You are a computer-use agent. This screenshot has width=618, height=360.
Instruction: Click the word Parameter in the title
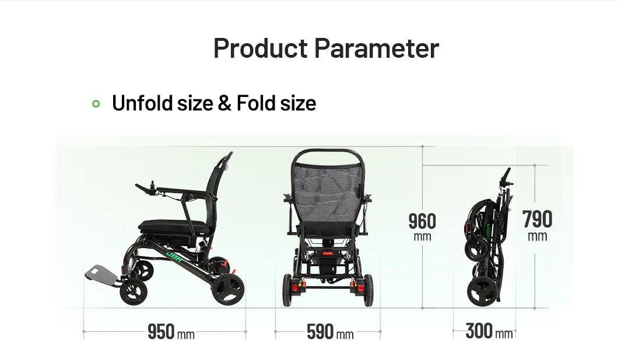pyautogui.click(x=377, y=48)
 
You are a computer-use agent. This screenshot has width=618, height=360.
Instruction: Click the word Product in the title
pyautogui.click(x=261, y=48)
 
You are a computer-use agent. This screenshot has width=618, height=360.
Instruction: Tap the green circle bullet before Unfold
pyautogui.click(x=96, y=104)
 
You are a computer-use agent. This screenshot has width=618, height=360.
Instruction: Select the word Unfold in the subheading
pyautogui.click(x=143, y=103)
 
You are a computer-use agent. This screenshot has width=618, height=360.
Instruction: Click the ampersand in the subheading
pyautogui.click(x=224, y=103)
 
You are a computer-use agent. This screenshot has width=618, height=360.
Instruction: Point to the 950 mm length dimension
pyautogui.click(x=171, y=331)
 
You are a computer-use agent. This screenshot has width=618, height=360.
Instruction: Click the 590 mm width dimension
pyautogui.click(x=330, y=331)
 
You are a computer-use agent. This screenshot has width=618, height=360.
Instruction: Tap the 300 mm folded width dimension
pyautogui.click(x=489, y=331)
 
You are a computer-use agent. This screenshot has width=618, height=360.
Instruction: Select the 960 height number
pyautogui.click(x=422, y=221)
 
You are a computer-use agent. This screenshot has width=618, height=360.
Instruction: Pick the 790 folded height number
pyautogui.click(x=537, y=219)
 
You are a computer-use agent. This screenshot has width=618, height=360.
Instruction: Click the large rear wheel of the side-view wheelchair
pyautogui.click(x=228, y=289)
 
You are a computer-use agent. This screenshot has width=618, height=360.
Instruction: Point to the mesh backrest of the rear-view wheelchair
pyautogui.click(x=327, y=191)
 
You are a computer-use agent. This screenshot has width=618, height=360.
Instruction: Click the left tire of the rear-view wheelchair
pyautogui.click(x=287, y=290)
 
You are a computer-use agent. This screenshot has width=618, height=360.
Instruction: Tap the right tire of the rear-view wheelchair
pyautogui.click(x=368, y=290)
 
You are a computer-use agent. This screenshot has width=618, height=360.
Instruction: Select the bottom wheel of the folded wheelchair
pyautogui.click(x=482, y=291)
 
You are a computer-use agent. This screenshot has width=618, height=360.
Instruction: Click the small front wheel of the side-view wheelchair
pyautogui.click(x=134, y=292)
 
